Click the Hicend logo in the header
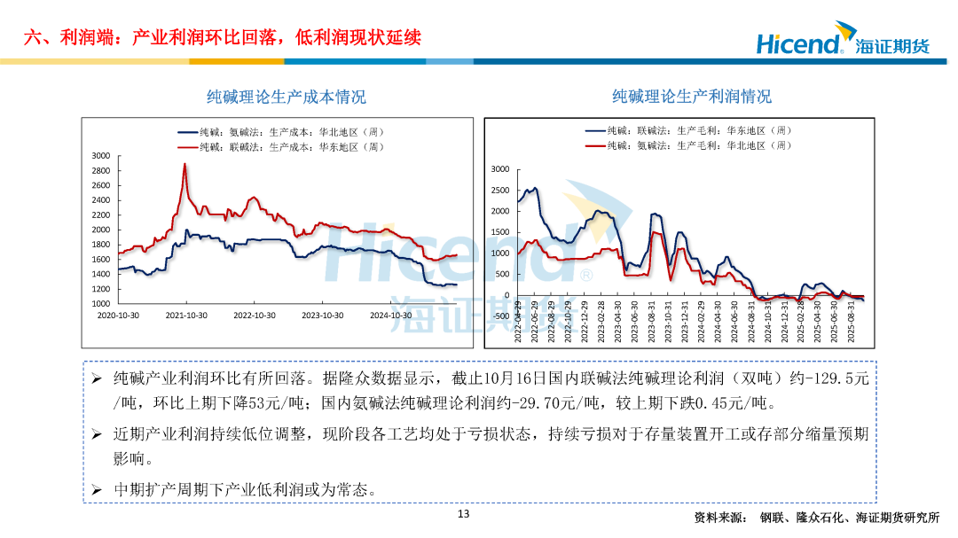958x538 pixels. pyautogui.click(x=841, y=43)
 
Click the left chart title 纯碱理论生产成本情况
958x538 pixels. pyautogui.click(x=286, y=97)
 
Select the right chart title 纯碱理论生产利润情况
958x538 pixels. pyautogui.click(x=691, y=96)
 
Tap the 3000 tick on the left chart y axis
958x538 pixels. pyautogui.click(x=100, y=156)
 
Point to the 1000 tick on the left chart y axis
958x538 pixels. pyautogui.click(x=100, y=304)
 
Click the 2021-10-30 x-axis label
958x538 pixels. pyautogui.click(x=186, y=315)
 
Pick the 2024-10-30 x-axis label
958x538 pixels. pyautogui.click(x=390, y=315)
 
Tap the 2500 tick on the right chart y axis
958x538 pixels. pyautogui.click(x=500, y=191)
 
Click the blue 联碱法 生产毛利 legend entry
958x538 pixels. pyautogui.click(x=687, y=130)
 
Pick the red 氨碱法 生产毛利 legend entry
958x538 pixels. pyautogui.click(x=687, y=144)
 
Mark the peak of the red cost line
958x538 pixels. pyautogui.click(x=185, y=164)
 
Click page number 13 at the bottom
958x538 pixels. pyautogui.click(x=463, y=514)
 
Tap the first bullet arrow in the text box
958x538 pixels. pyautogui.click(x=98, y=378)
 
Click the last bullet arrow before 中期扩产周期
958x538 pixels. pyautogui.click(x=98, y=489)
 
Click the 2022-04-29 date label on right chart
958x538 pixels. pyautogui.click(x=518, y=325)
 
